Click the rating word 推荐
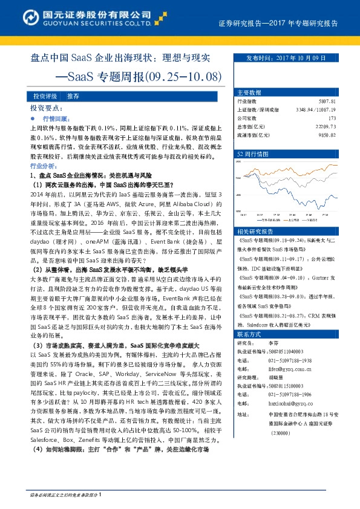pyautogui.click(x=74, y=97)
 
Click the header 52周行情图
pyautogui.click(x=253, y=154)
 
